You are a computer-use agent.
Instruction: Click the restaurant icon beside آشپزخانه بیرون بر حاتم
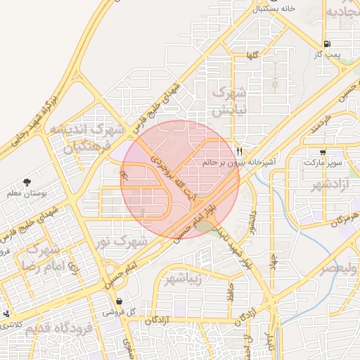[240, 151]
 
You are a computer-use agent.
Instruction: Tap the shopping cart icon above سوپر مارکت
[323, 152]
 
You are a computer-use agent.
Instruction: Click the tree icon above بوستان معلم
[27, 182]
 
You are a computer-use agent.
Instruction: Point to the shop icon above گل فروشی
[119, 301]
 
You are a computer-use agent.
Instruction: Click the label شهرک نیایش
[229, 101]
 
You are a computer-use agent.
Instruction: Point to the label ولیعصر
[339, 269]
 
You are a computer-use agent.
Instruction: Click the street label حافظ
[229, 293]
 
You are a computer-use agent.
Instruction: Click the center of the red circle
[180, 179]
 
